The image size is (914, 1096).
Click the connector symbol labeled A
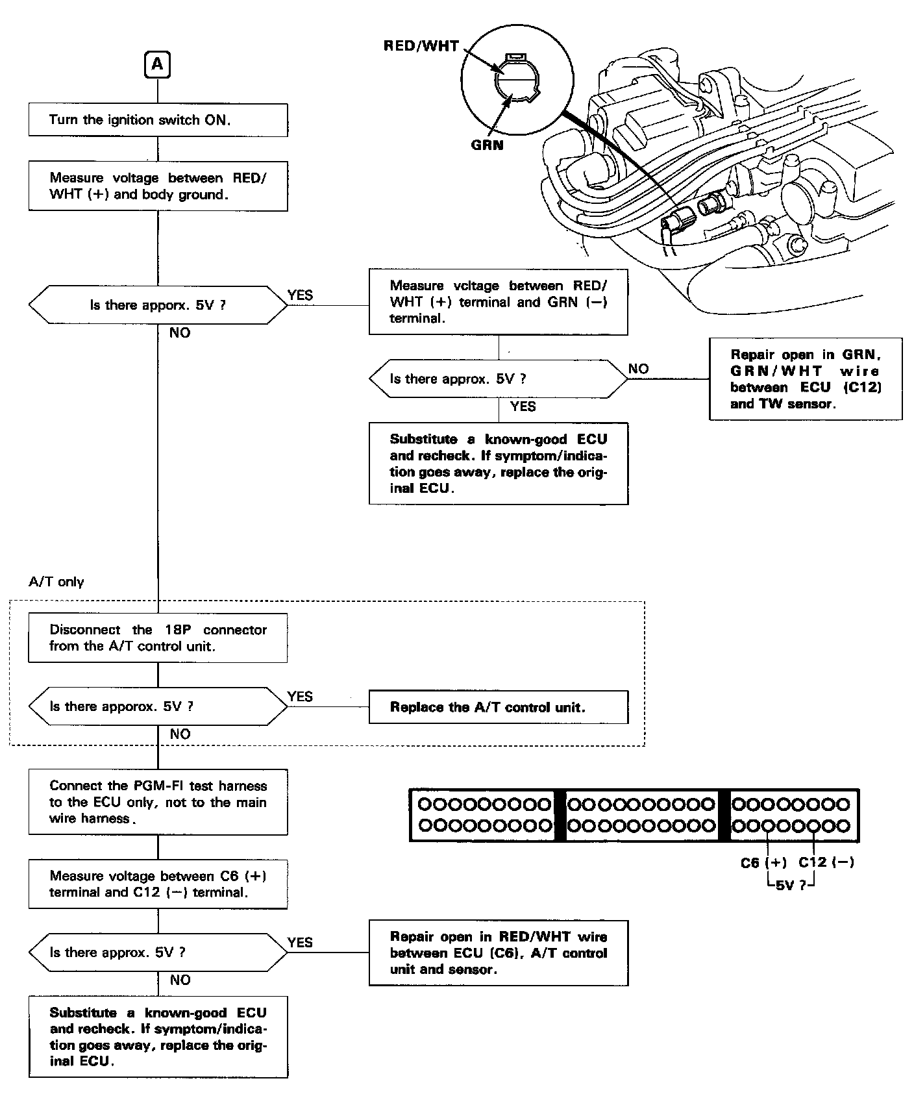(158, 65)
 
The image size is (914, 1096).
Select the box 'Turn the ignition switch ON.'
(158, 120)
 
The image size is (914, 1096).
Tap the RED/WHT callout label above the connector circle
(421, 46)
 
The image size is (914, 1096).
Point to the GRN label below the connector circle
(487, 145)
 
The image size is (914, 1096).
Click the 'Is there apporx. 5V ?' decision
(158, 305)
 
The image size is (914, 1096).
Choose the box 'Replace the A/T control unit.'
(498, 707)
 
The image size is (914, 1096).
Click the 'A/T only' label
(56, 582)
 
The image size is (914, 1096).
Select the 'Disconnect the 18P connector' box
(158, 638)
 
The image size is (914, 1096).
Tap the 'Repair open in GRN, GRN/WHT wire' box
(805, 379)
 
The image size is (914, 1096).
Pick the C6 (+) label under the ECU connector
(763, 862)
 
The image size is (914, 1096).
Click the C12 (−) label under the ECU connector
(826, 862)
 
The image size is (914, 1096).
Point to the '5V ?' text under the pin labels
(791, 884)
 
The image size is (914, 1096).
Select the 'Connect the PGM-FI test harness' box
(158, 802)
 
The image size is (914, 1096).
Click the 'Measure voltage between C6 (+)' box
(158, 884)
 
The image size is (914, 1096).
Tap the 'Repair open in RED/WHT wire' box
(498, 953)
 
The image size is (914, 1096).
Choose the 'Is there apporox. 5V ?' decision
(158, 706)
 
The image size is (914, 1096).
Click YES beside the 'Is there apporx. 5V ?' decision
(300, 295)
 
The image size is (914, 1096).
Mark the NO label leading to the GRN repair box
(638, 369)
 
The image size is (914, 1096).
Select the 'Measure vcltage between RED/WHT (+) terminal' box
(498, 302)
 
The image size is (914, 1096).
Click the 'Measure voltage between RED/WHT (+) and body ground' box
(158, 186)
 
